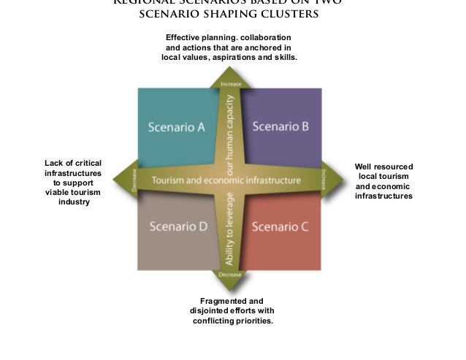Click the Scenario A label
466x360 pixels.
pos(176,127)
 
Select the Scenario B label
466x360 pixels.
pos(280,126)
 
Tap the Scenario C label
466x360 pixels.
pos(280,226)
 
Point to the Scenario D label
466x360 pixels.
pos(178,226)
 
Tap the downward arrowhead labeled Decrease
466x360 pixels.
pos(230,275)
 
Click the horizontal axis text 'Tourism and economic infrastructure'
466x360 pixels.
pos(226,180)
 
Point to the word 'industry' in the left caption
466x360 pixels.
pos(73,202)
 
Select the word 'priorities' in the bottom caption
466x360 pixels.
pos(252,321)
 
